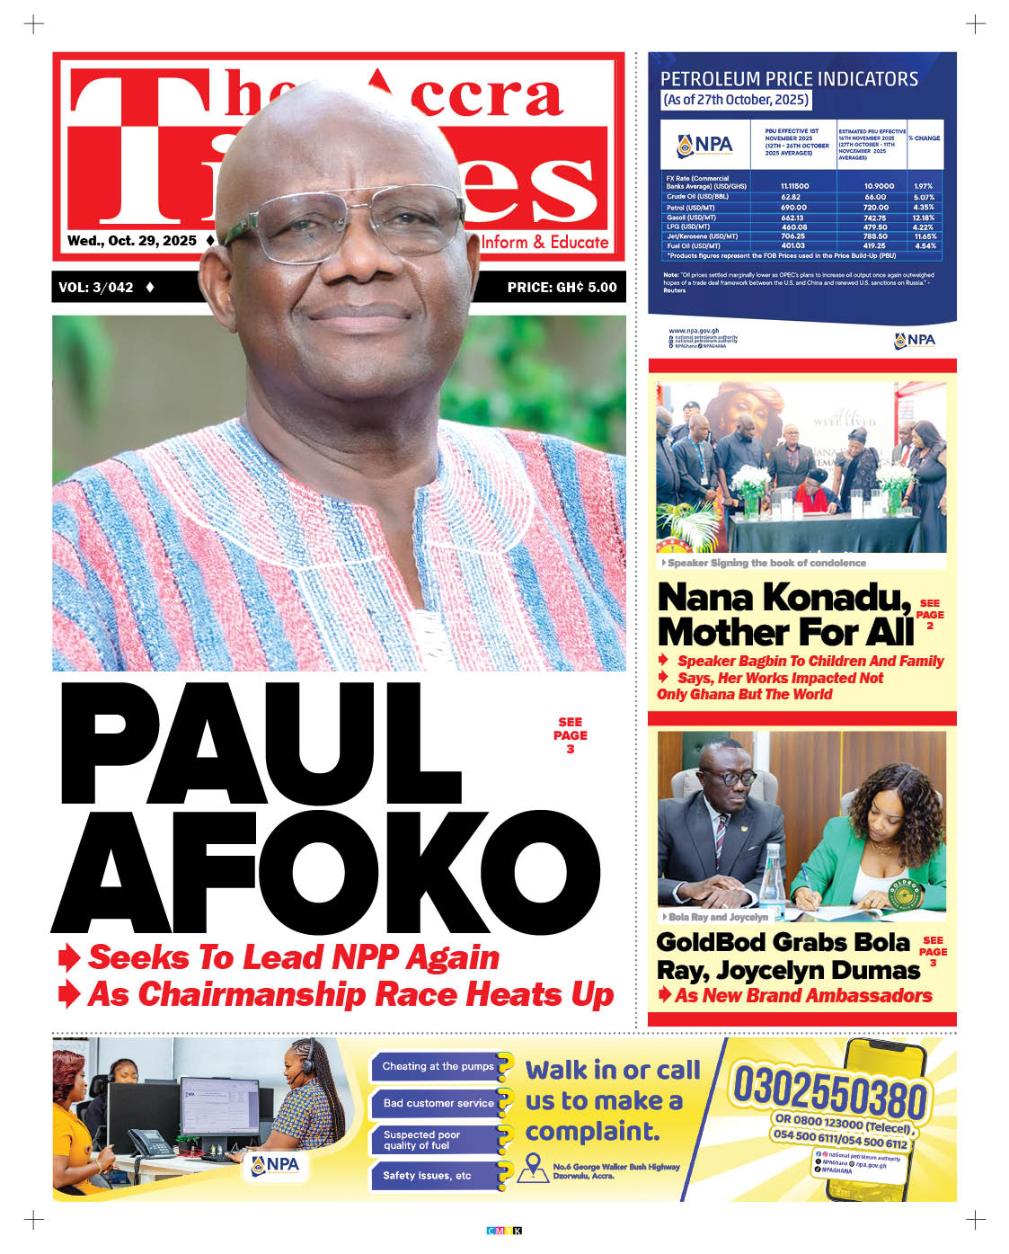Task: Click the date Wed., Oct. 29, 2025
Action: point(132,241)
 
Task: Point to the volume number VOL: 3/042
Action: point(96,288)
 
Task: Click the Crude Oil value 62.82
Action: point(791,197)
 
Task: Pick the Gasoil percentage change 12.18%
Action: point(923,218)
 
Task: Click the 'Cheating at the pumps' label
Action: point(438,1066)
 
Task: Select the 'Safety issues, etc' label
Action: point(427,1175)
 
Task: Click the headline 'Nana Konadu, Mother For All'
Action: point(784,615)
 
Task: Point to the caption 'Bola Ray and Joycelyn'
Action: point(718,917)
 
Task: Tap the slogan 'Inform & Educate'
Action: point(544,242)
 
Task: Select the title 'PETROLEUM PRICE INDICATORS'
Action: point(789,79)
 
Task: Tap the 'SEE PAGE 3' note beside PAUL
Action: point(570,734)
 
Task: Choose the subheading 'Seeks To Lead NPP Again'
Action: point(293,957)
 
